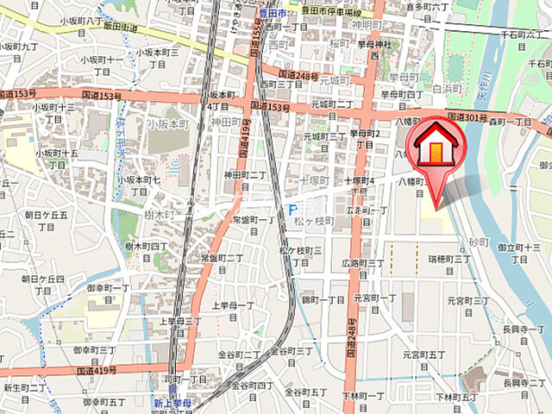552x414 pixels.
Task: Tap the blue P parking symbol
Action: pyautogui.click(x=292, y=210)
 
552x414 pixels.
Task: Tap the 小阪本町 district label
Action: pyautogui.click(x=167, y=124)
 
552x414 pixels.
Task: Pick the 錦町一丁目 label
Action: pyautogui.click(x=323, y=299)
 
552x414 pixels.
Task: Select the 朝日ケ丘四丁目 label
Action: pyautogui.click(x=43, y=285)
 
